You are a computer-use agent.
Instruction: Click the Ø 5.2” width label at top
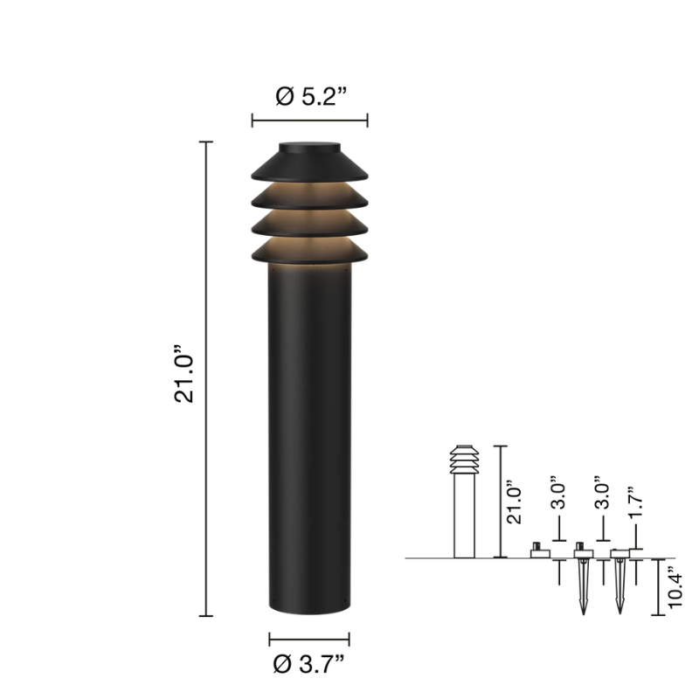pos(310,95)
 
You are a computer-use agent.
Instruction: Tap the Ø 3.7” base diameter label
pos(309,664)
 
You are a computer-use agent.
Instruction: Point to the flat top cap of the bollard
pos(310,148)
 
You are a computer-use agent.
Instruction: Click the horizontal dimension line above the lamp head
pos(310,121)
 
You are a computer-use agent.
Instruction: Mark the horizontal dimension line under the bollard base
pos(309,639)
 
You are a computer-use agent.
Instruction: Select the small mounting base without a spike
pos(540,550)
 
